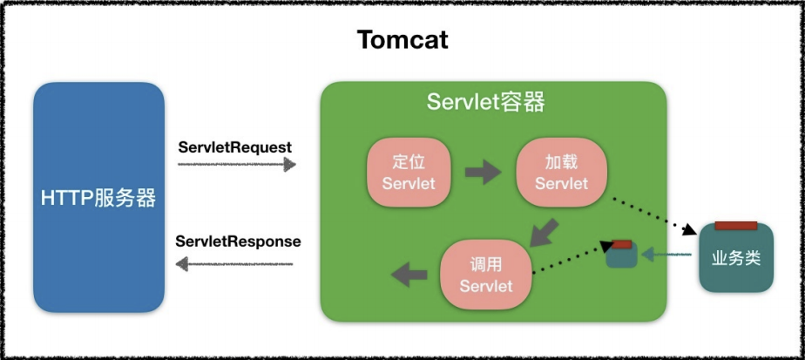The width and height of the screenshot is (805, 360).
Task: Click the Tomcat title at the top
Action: (x=402, y=40)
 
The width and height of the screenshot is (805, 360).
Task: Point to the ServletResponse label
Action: (x=238, y=241)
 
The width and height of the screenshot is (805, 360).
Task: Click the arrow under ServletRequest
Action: (x=236, y=165)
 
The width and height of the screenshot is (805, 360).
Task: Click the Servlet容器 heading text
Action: (x=485, y=102)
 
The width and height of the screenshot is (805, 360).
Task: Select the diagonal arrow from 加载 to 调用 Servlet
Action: (x=545, y=233)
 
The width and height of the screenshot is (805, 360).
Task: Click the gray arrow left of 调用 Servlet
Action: (x=409, y=275)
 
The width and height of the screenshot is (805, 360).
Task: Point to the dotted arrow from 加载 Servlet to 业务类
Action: (x=654, y=216)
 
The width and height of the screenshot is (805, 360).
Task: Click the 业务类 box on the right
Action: (x=736, y=260)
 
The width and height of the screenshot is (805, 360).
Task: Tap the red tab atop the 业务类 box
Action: (x=735, y=226)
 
